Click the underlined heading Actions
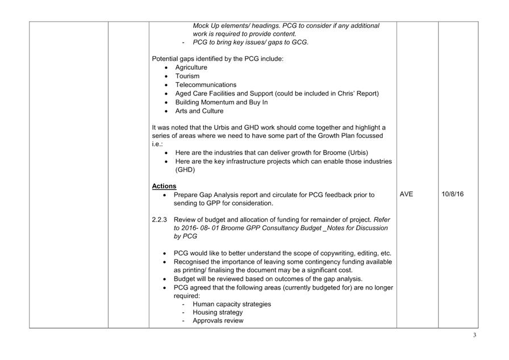[x=164, y=186]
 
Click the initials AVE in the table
[x=407, y=194]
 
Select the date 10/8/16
[x=452, y=194]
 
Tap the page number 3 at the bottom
[x=474, y=335]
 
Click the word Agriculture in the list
[x=191, y=68]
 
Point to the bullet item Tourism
[x=187, y=76]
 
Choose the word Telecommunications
[x=206, y=85]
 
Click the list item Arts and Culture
[x=199, y=111]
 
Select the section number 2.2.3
[x=160, y=220]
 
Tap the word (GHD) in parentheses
[x=185, y=170]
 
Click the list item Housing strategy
[x=218, y=312]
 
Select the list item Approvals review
[x=218, y=321]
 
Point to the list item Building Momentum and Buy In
[x=222, y=102]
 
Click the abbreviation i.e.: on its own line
[x=158, y=144]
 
